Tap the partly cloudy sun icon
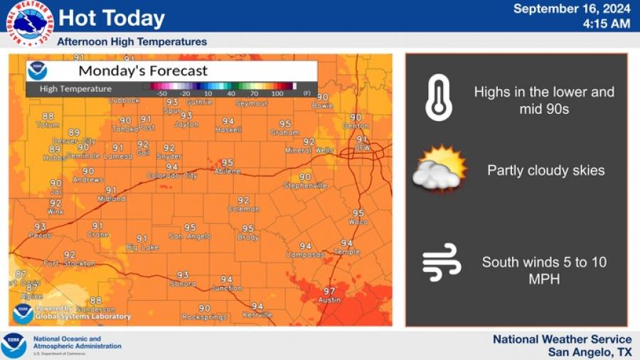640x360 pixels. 440,169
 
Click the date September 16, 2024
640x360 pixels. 572,9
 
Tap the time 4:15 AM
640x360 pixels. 606,23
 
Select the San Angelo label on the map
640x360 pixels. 190,236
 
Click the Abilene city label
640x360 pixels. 227,171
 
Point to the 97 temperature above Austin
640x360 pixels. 329,291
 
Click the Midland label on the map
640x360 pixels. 111,199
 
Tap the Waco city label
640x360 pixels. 358,222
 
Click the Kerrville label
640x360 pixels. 257,314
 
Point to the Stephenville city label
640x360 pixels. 305,186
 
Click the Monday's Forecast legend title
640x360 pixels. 143,71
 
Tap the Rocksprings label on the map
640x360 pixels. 204,317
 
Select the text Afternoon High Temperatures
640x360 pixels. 132,42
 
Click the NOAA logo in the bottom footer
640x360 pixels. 14,345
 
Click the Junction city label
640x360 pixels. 227,288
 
